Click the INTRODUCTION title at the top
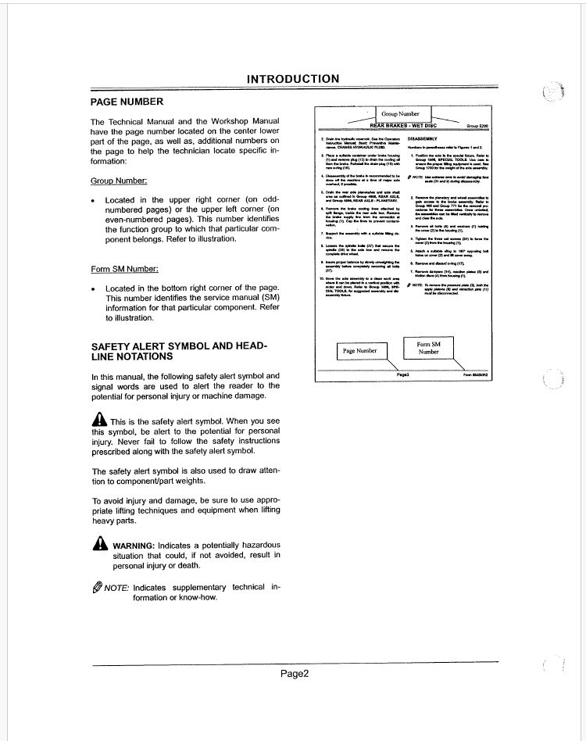[293, 79]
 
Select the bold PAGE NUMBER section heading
[127, 102]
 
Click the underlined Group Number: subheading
[119, 181]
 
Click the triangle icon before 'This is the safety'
[99, 421]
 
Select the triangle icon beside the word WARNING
[99, 544]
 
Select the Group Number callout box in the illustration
[400, 114]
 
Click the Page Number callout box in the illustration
[360, 351]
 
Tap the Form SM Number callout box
[428, 348]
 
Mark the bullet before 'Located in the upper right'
[94, 201]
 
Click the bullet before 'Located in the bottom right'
[94, 289]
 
